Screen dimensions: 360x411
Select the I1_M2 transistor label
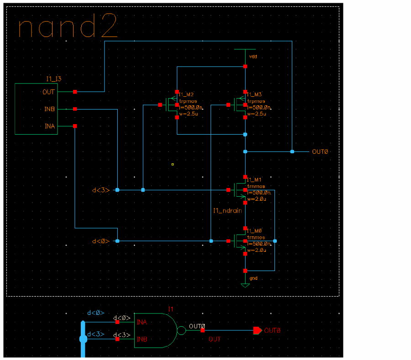click(187, 94)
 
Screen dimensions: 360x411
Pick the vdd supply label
click(253, 57)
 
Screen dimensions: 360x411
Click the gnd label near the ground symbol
click(253, 277)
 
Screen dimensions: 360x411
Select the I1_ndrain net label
click(227, 211)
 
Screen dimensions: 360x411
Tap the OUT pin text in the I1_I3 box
click(49, 92)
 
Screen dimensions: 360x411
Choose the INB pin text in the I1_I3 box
click(49, 109)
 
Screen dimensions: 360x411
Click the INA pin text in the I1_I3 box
click(49, 126)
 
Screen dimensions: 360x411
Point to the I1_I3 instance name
click(53, 79)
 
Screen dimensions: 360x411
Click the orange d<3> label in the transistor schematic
click(101, 190)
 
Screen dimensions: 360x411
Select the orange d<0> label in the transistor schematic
click(101, 241)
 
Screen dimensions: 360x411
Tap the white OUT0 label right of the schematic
click(320, 151)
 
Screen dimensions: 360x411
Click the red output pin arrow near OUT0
click(258, 330)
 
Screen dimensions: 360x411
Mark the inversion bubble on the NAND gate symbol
click(181, 330)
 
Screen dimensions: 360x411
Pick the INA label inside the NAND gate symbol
click(142, 322)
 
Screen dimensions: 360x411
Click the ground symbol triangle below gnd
click(245, 285)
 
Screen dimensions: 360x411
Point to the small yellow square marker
click(173, 164)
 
